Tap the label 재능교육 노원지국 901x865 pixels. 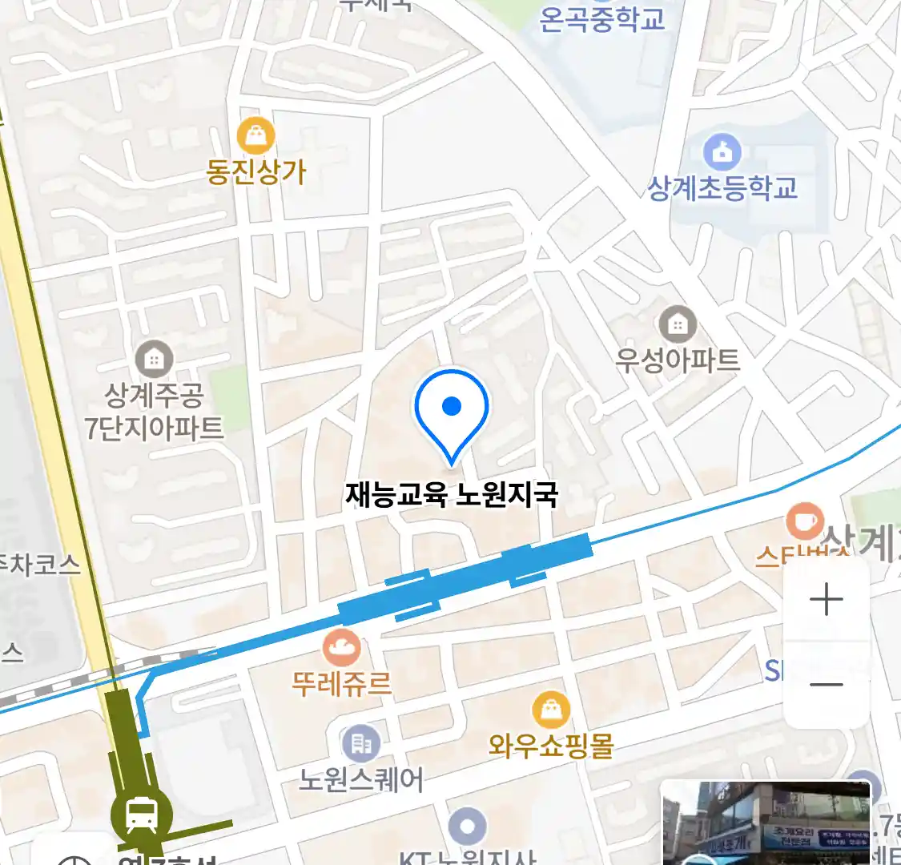point(451,494)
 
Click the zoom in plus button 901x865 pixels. point(827,600)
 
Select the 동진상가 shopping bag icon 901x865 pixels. point(256,136)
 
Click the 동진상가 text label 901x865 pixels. point(256,171)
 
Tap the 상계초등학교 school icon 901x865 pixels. point(722,151)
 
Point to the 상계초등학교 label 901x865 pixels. point(722,188)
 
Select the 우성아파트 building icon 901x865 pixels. point(678,324)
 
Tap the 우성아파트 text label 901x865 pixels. point(678,360)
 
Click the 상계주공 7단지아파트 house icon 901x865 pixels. point(154,359)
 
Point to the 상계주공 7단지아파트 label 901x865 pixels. point(154,412)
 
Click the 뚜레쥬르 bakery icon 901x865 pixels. point(342,647)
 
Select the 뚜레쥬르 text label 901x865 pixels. point(342,684)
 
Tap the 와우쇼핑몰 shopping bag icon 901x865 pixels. point(551,710)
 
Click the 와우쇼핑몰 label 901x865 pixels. point(551,746)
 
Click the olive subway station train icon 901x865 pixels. point(142,815)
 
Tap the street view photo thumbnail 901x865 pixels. point(766,823)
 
